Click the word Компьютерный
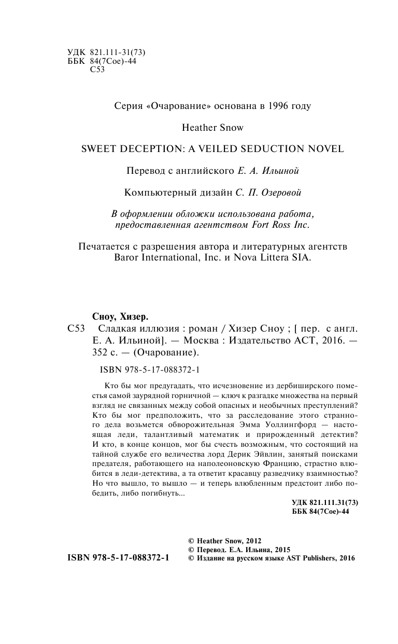click(x=156, y=192)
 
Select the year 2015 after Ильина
click(x=279, y=550)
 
